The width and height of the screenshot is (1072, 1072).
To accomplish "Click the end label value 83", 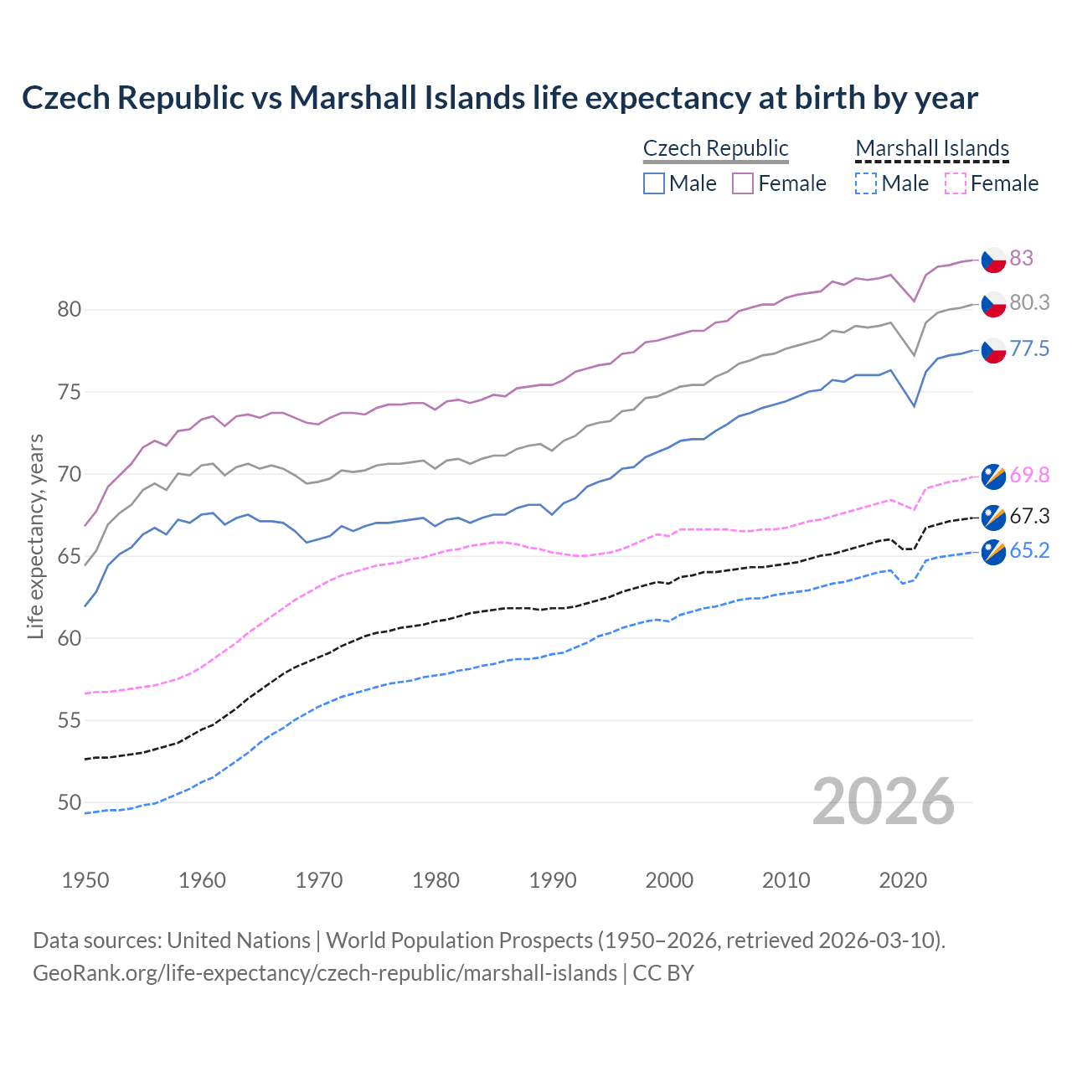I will (x=1021, y=258).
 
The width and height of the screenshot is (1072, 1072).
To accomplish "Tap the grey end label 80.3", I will (x=1029, y=303).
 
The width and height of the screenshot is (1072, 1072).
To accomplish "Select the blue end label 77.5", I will (x=1029, y=349).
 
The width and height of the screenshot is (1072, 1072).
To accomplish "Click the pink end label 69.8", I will (x=1029, y=475).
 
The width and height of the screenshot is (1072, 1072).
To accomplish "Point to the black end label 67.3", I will (x=1029, y=517).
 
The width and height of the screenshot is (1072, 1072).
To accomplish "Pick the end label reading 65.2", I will (x=1029, y=550).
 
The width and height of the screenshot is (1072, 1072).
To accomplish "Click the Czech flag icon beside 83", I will (x=993, y=259).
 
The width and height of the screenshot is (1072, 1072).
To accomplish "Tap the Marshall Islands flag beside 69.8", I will (x=993, y=476).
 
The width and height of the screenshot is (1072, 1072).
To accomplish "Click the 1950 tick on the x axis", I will (x=85, y=880).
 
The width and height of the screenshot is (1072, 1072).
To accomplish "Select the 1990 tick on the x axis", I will (x=553, y=880).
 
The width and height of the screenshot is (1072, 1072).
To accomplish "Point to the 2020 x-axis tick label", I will (x=903, y=880).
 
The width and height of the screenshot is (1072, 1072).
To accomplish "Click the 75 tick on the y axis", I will (x=70, y=392).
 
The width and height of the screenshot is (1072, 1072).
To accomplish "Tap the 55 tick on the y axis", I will (x=70, y=720).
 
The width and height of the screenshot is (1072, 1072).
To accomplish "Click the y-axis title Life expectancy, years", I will (x=35, y=536).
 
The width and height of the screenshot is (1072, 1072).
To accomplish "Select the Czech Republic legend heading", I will (x=715, y=148).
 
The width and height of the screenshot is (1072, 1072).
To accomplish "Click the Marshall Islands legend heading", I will (x=932, y=148).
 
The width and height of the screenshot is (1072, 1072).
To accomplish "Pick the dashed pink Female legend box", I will (x=955, y=183).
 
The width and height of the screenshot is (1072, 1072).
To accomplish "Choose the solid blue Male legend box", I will (x=654, y=183).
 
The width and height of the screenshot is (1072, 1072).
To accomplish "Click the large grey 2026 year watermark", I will (x=884, y=802).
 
